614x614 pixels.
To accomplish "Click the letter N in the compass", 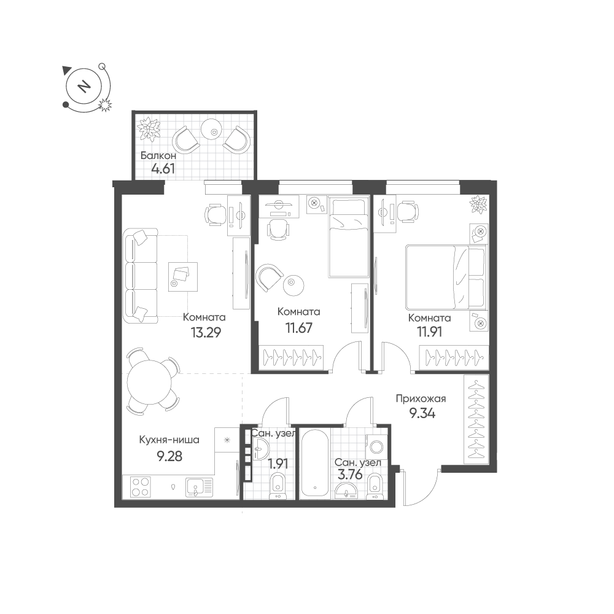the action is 83,86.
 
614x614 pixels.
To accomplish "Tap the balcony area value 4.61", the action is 163,169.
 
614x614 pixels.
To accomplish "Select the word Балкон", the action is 158,155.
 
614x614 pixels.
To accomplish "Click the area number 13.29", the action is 206,332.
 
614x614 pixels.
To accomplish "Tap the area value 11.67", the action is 299,328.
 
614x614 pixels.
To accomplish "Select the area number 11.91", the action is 429,332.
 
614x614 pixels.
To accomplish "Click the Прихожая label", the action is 421,398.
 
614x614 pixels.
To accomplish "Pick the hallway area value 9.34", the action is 422,413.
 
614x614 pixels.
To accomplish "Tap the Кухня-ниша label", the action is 169,440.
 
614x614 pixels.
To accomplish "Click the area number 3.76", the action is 350,475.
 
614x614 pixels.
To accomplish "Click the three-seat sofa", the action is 141,276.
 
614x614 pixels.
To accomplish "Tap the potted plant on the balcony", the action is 149,128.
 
